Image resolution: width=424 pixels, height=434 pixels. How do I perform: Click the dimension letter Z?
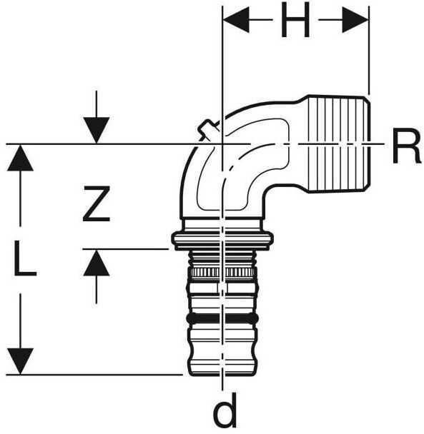(x=97, y=204)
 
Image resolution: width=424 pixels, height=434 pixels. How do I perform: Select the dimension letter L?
(x=25, y=258)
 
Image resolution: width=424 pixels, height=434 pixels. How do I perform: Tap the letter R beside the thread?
(x=407, y=146)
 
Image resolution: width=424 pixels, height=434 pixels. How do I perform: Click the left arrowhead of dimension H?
(x=236, y=20)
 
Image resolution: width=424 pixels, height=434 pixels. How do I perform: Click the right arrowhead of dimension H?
(x=355, y=20)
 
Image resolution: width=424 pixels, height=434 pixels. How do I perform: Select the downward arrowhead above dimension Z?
(x=97, y=130)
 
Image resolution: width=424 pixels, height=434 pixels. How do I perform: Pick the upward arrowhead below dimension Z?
(x=97, y=263)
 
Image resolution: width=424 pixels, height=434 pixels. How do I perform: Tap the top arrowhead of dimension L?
(x=21, y=158)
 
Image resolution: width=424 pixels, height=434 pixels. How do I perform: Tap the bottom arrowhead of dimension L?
(x=21, y=361)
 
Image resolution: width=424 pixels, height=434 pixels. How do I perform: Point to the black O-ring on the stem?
(x=222, y=318)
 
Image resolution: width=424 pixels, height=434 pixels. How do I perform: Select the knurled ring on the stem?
(x=222, y=273)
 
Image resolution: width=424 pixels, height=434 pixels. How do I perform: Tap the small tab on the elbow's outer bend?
(x=207, y=128)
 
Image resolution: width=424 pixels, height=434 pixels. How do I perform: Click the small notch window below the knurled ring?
(x=222, y=287)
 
